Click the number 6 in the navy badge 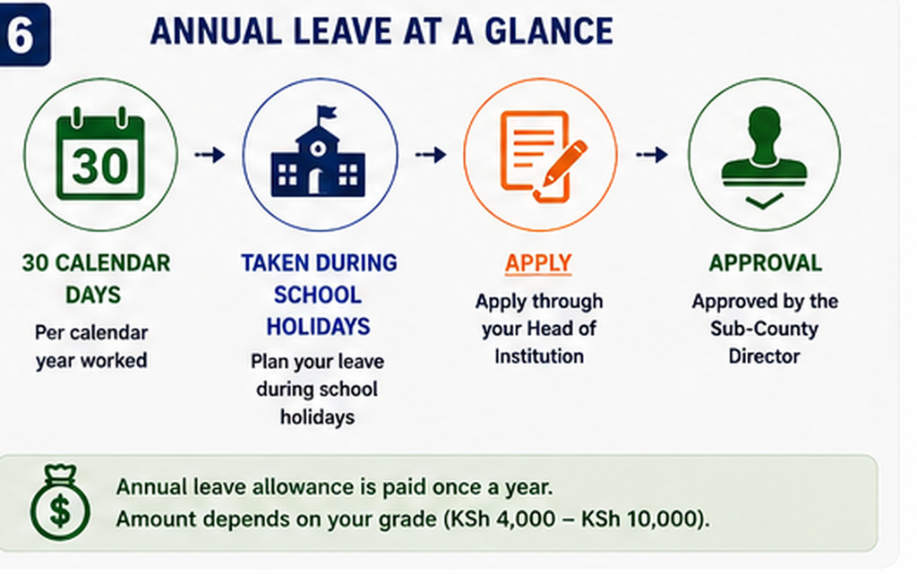point(20,35)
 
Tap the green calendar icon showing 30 point(100,154)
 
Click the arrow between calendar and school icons point(210,155)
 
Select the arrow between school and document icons point(431,155)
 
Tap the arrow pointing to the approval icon point(652,155)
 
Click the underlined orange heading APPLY point(538,263)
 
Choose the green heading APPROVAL point(765,263)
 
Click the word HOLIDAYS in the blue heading point(318,326)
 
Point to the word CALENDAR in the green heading point(112,263)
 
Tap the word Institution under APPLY point(538,356)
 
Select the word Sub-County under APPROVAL point(764,329)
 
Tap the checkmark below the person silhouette point(765,202)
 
